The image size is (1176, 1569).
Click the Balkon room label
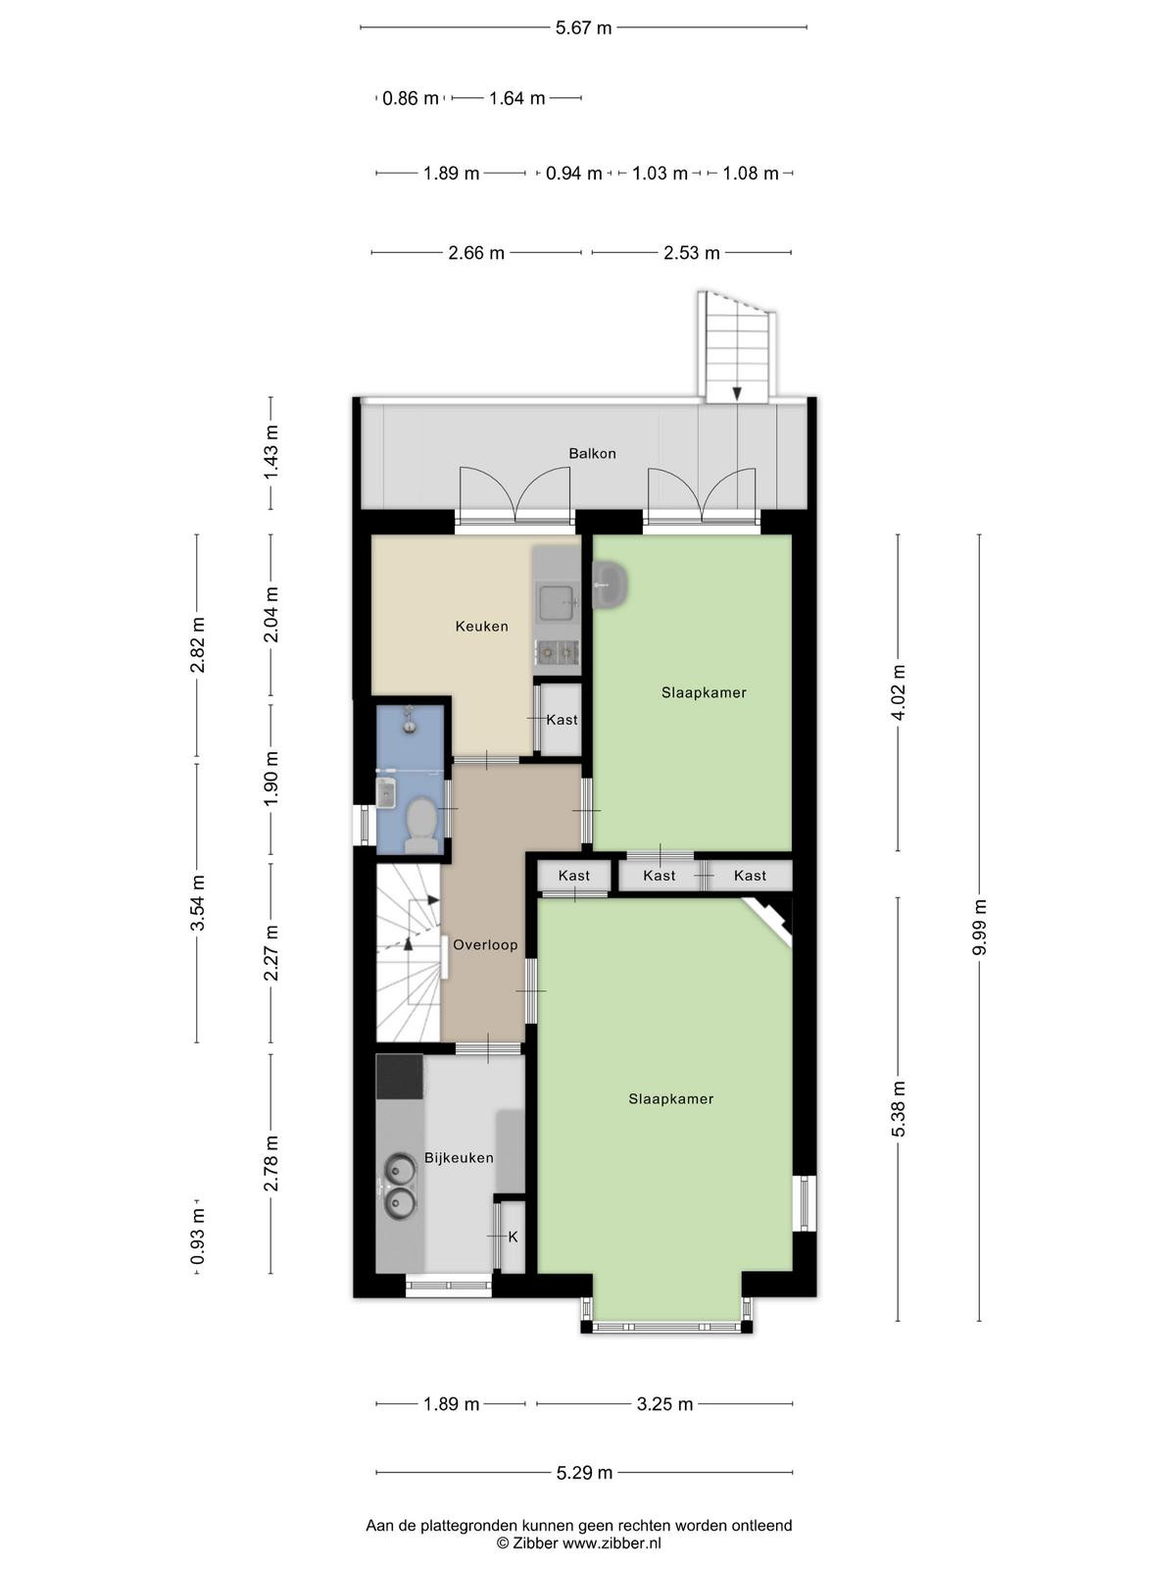(x=592, y=453)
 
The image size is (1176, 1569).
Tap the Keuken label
(x=482, y=627)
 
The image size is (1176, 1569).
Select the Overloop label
(x=485, y=945)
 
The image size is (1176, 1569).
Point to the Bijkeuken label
(x=459, y=1157)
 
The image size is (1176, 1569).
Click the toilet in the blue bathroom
(x=421, y=825)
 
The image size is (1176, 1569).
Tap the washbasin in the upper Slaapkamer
(x=611, y=584)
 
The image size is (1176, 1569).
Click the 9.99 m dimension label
(x=979, y=927)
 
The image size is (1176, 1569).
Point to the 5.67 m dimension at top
(x=583, y=27)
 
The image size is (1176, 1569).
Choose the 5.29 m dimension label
(x=584, y=1473)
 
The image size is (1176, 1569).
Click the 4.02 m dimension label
(x=899, y=692)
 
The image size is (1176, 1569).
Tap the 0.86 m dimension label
(x=411, y=98)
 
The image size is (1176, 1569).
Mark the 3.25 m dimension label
(x=664, y=1404)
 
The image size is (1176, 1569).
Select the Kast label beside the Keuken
(x=562, y=720)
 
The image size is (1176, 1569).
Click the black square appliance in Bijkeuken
(x=400, y=1077)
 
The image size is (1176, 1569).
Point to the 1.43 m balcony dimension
(x=270, y=453)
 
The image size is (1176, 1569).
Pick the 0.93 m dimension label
(x=198, y=1236)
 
